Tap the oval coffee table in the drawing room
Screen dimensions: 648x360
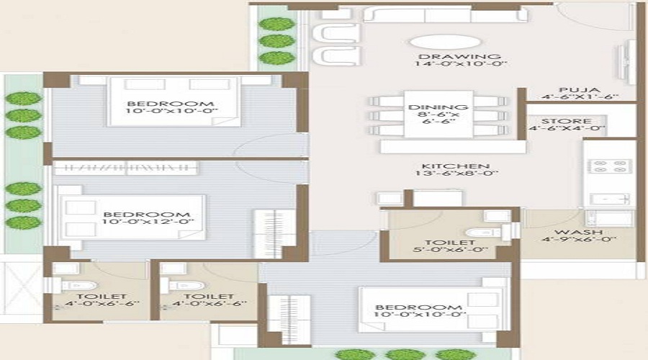[x=446, y=42]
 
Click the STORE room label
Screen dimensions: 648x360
[x=566, y=121]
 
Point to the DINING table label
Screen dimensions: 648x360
[x=438, y=107]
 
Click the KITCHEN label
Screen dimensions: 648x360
[x=456, y=166]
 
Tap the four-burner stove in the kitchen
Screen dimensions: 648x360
[x=609, y=166]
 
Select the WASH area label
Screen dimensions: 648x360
[x=579, y=232]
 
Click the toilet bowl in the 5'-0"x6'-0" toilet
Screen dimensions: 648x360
[x=482, y=233]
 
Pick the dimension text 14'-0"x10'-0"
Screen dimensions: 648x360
[x=461, y=64]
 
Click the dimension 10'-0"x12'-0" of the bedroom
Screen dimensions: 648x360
[x=148, y=222]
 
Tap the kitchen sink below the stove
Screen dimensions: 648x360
[x=610, y=199]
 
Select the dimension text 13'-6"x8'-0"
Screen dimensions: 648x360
[x=456, y=174]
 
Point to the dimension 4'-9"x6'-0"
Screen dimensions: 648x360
[x=579, y=239]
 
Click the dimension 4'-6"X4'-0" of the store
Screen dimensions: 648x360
[x=567, y=129]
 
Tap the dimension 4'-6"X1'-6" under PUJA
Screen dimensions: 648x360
[x=580, y=97]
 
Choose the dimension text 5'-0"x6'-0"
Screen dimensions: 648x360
[x=451, y=250]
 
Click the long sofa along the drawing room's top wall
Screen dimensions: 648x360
[x=445, y=14]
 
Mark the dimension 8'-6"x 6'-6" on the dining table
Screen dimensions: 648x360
[x=438, y=118]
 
